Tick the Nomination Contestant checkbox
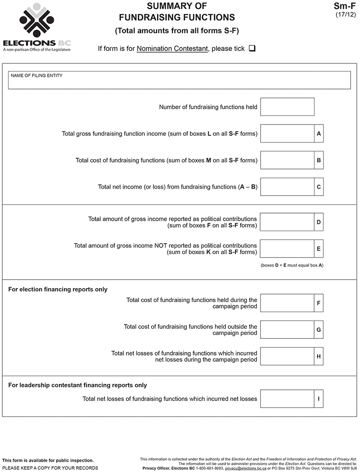click(252, 49)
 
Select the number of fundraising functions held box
click(287, 107)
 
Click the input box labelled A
click(287, 134)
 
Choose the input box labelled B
click(287, 160)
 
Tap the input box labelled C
click(287, 187)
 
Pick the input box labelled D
click(287, 222)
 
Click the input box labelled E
click(287, 249)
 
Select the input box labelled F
click(287, 303)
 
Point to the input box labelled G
click(287, 330)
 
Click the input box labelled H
click(287, 356)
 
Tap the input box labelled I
click(287, 399)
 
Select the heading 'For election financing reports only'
click(58, 289)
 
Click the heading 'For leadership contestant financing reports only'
click(78, 385)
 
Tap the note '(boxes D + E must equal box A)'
click(292, 265)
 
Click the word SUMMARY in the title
click(167, 6)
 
